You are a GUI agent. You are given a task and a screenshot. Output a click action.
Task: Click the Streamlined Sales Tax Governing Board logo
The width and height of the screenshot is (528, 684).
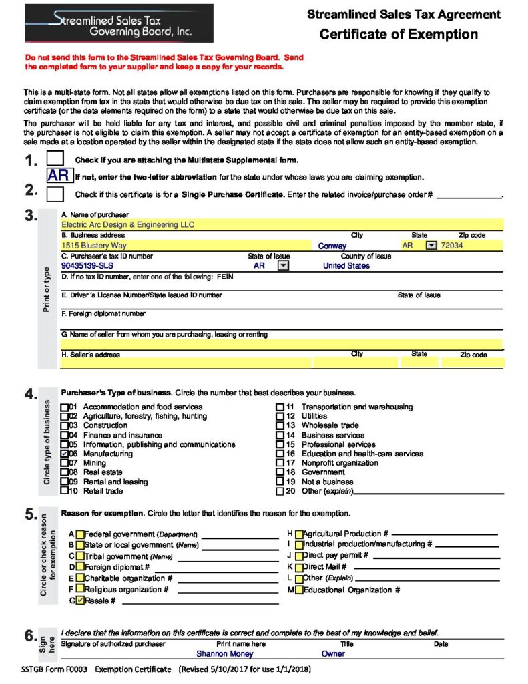coord(119,23)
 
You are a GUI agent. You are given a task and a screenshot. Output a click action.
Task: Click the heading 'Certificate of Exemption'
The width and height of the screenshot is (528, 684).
coord(399,35)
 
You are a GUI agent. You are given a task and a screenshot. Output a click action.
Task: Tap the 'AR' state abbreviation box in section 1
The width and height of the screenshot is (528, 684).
coord(59,176)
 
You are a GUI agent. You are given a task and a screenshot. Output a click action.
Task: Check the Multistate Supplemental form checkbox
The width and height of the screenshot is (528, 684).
coord(56,159)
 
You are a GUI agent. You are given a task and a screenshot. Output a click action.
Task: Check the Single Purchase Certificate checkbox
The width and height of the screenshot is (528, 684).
coord(56,194)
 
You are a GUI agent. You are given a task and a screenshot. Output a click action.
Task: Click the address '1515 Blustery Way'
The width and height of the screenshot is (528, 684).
coord(94,246)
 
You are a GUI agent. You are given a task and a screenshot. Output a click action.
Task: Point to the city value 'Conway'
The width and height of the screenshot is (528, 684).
coord(332,246)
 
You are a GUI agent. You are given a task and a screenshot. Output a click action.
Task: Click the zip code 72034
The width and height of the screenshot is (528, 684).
coord(452,246)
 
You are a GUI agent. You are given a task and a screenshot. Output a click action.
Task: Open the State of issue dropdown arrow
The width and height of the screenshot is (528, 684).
coord(282,265)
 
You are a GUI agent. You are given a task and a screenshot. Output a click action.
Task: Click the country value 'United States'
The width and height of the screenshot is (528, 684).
coord(346,265)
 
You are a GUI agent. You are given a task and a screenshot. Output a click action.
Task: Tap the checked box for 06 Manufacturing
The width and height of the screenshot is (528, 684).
coord(65,454)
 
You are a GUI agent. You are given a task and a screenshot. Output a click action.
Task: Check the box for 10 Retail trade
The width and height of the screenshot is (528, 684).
coord(65,491)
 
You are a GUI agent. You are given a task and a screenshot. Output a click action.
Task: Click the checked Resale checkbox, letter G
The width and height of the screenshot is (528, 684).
coord(80,601)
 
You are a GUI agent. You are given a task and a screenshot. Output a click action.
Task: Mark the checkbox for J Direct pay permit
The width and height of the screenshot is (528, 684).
coord(299,555)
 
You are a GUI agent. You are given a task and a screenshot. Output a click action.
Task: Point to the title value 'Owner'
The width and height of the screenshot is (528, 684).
coord(333,654)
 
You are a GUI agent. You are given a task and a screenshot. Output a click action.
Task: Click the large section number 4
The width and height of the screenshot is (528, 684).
coord(31,394)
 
